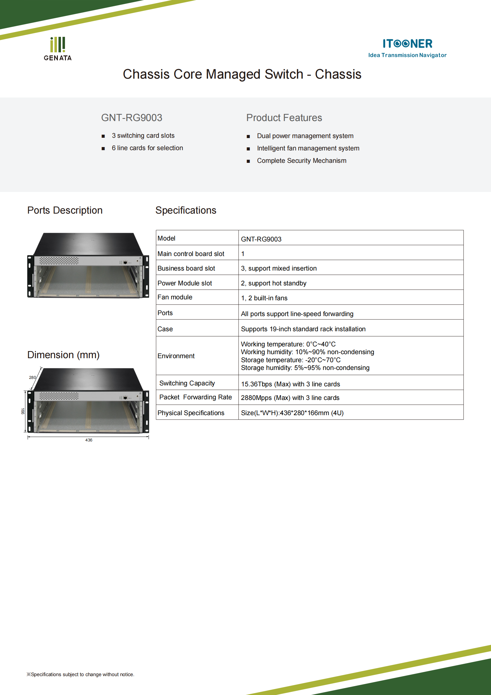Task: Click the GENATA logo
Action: tap(58, 49)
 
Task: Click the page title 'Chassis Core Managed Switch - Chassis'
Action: tap(242, 74)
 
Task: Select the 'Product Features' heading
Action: tap(284, 118)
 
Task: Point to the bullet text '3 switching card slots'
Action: tap(143, 136)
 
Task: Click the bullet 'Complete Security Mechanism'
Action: tap(301, 161)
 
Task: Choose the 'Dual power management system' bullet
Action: tap(305, 136)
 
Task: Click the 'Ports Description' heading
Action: tap(65, 211)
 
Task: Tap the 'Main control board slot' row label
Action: tap(191, 254)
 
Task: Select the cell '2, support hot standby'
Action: tap(273, 283)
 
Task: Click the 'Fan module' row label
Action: tap(175, 297)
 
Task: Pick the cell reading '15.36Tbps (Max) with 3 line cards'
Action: tap(290, 384)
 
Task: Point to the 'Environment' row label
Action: tap(176, 356)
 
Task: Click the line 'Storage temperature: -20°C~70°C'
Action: tap(291, 360)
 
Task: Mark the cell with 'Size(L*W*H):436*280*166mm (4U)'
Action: tap(292, 413)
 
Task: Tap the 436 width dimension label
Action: tap(89, 440)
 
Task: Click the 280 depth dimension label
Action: tap(32, 377)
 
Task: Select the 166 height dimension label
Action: tap(23, 411)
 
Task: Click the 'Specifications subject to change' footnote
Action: tap(80, 674)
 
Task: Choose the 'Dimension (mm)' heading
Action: tap(63, 355)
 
